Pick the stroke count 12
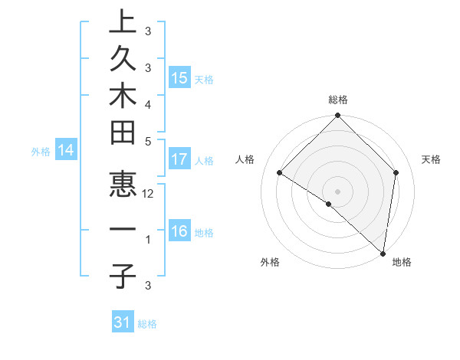point(148,194)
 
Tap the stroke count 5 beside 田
point(148,141)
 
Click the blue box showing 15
point(179,77)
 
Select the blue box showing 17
point(179,159)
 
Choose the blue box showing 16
point(179,231)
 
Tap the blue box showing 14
point(65,151)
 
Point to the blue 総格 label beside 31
point(148,324)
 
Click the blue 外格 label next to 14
point(41,152)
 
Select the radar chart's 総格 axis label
point(338,100)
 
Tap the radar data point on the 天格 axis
point(396,172)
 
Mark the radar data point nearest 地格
point(383,254)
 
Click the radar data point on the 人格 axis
point(280,173)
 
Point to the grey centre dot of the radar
point(337,191)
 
